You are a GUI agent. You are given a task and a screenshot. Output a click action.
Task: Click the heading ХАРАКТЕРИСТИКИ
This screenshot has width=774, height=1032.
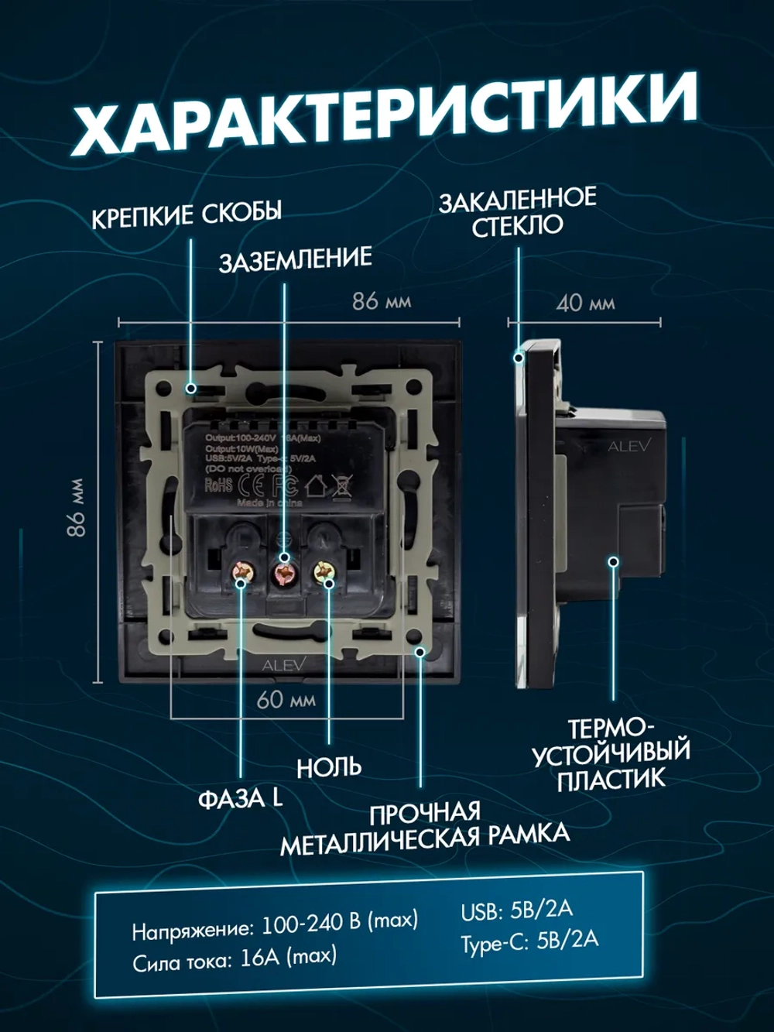point(385,116)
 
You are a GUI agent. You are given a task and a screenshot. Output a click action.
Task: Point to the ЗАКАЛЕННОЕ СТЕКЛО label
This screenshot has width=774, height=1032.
point(517,211)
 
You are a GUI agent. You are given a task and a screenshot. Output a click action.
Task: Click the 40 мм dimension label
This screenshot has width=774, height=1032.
point(585,303)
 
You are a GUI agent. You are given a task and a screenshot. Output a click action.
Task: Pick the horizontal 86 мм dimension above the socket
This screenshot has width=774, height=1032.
point(381,300)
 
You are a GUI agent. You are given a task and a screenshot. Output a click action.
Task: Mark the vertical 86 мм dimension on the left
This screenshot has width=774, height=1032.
point(76,508)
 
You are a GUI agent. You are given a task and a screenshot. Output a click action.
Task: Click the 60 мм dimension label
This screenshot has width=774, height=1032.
point(286,699)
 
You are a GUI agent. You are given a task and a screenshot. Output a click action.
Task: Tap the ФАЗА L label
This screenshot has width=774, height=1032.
point(240,798)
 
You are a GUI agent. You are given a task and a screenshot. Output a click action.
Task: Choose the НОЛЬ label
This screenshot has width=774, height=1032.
point(329,767)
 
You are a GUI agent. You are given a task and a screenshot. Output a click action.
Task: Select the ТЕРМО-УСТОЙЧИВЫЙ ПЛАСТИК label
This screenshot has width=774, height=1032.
point(611,754)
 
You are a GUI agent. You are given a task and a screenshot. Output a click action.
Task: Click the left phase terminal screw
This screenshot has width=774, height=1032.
point(243,574)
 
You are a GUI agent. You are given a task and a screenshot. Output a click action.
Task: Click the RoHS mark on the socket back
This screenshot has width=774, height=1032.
point(218,485)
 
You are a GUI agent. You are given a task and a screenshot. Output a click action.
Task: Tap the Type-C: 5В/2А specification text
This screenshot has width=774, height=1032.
point(529,941)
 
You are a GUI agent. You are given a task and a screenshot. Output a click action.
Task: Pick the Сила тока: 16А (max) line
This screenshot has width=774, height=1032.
point(235,959)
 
